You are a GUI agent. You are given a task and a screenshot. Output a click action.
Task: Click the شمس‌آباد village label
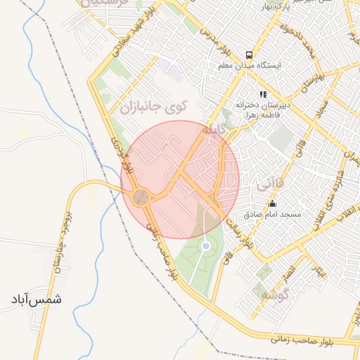click(36, 299)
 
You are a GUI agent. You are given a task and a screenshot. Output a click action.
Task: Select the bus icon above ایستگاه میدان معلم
click(248, 55)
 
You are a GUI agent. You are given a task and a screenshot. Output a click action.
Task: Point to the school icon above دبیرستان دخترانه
click(263, 94)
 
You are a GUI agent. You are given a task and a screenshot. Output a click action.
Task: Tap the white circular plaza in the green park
click(205, 246)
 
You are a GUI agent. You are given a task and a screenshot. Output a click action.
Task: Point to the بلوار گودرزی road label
click(122, 155)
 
